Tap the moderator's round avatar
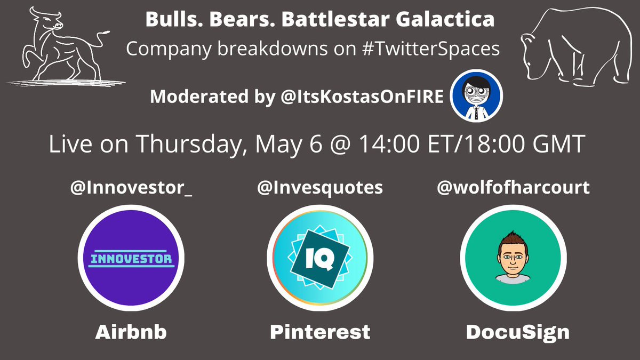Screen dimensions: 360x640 476,97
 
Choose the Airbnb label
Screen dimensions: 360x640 131,332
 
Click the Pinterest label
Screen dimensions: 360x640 319,332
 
